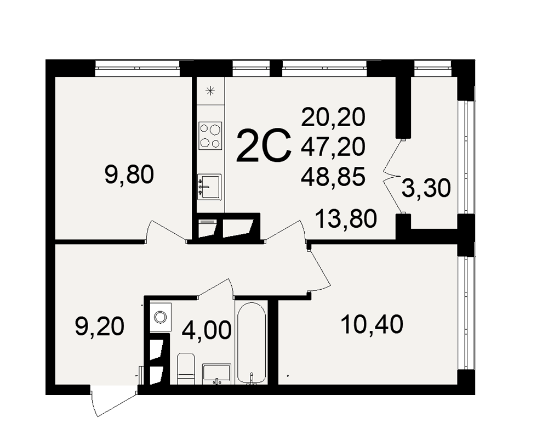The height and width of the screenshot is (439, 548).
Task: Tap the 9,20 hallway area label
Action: pos(100,327)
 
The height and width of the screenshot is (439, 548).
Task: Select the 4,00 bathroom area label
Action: pos(207,330)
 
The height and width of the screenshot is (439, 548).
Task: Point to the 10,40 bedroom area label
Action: pos(372,324)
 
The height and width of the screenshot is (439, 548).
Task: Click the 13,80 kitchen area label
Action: pos(346,218)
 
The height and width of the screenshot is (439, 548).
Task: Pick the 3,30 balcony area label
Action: pos(426,188)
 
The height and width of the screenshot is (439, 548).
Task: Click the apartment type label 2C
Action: pos(264,145)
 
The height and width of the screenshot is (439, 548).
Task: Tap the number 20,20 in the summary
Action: pos(333,117)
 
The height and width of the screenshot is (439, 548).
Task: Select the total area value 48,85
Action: pos(333,176)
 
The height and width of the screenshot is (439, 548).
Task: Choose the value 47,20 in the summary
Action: pos(333,147)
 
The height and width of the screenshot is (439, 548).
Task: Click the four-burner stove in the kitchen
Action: pos(210,136)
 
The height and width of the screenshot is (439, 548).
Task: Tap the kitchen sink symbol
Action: pos(209,187)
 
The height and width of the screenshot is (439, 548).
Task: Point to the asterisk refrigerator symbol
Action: pos(210,92)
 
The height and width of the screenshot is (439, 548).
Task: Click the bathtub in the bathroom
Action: pos(252,343)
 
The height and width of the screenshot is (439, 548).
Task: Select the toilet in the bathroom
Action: pos(186,368)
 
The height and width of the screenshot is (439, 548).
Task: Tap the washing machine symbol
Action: pos(161,317)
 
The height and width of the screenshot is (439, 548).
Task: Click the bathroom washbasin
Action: pos(216,373)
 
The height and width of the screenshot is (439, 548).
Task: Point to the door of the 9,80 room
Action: pos(165,231)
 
